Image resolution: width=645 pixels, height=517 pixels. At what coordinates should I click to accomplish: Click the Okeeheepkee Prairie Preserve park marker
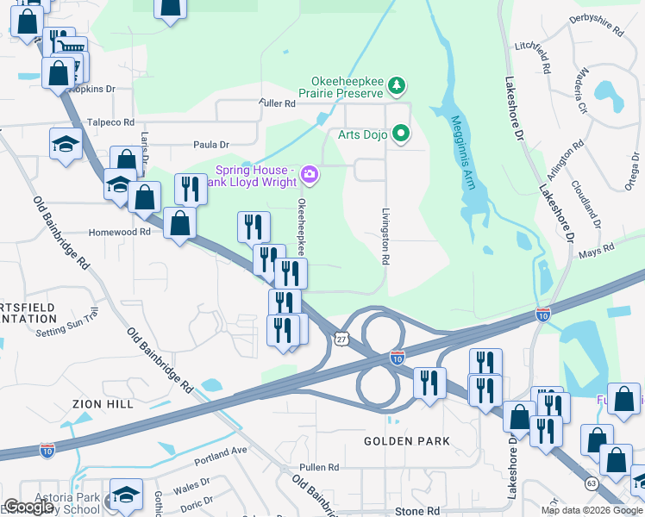(397, 84)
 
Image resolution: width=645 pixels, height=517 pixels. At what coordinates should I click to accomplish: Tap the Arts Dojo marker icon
(400, 133)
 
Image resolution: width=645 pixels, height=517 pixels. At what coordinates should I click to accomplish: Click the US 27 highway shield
(341, 340)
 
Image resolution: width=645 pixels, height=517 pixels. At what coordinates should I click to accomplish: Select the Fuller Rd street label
(277, 103)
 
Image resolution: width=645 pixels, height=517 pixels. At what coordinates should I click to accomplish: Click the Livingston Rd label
(385, 235)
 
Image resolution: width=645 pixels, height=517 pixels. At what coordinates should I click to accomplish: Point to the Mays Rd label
(595, 250)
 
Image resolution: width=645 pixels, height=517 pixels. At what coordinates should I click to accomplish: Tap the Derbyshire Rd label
(597, 23)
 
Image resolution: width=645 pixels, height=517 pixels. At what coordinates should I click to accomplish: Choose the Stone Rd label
(417, 511)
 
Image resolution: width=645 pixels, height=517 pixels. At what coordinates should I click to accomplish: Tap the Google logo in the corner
(28, 507)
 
